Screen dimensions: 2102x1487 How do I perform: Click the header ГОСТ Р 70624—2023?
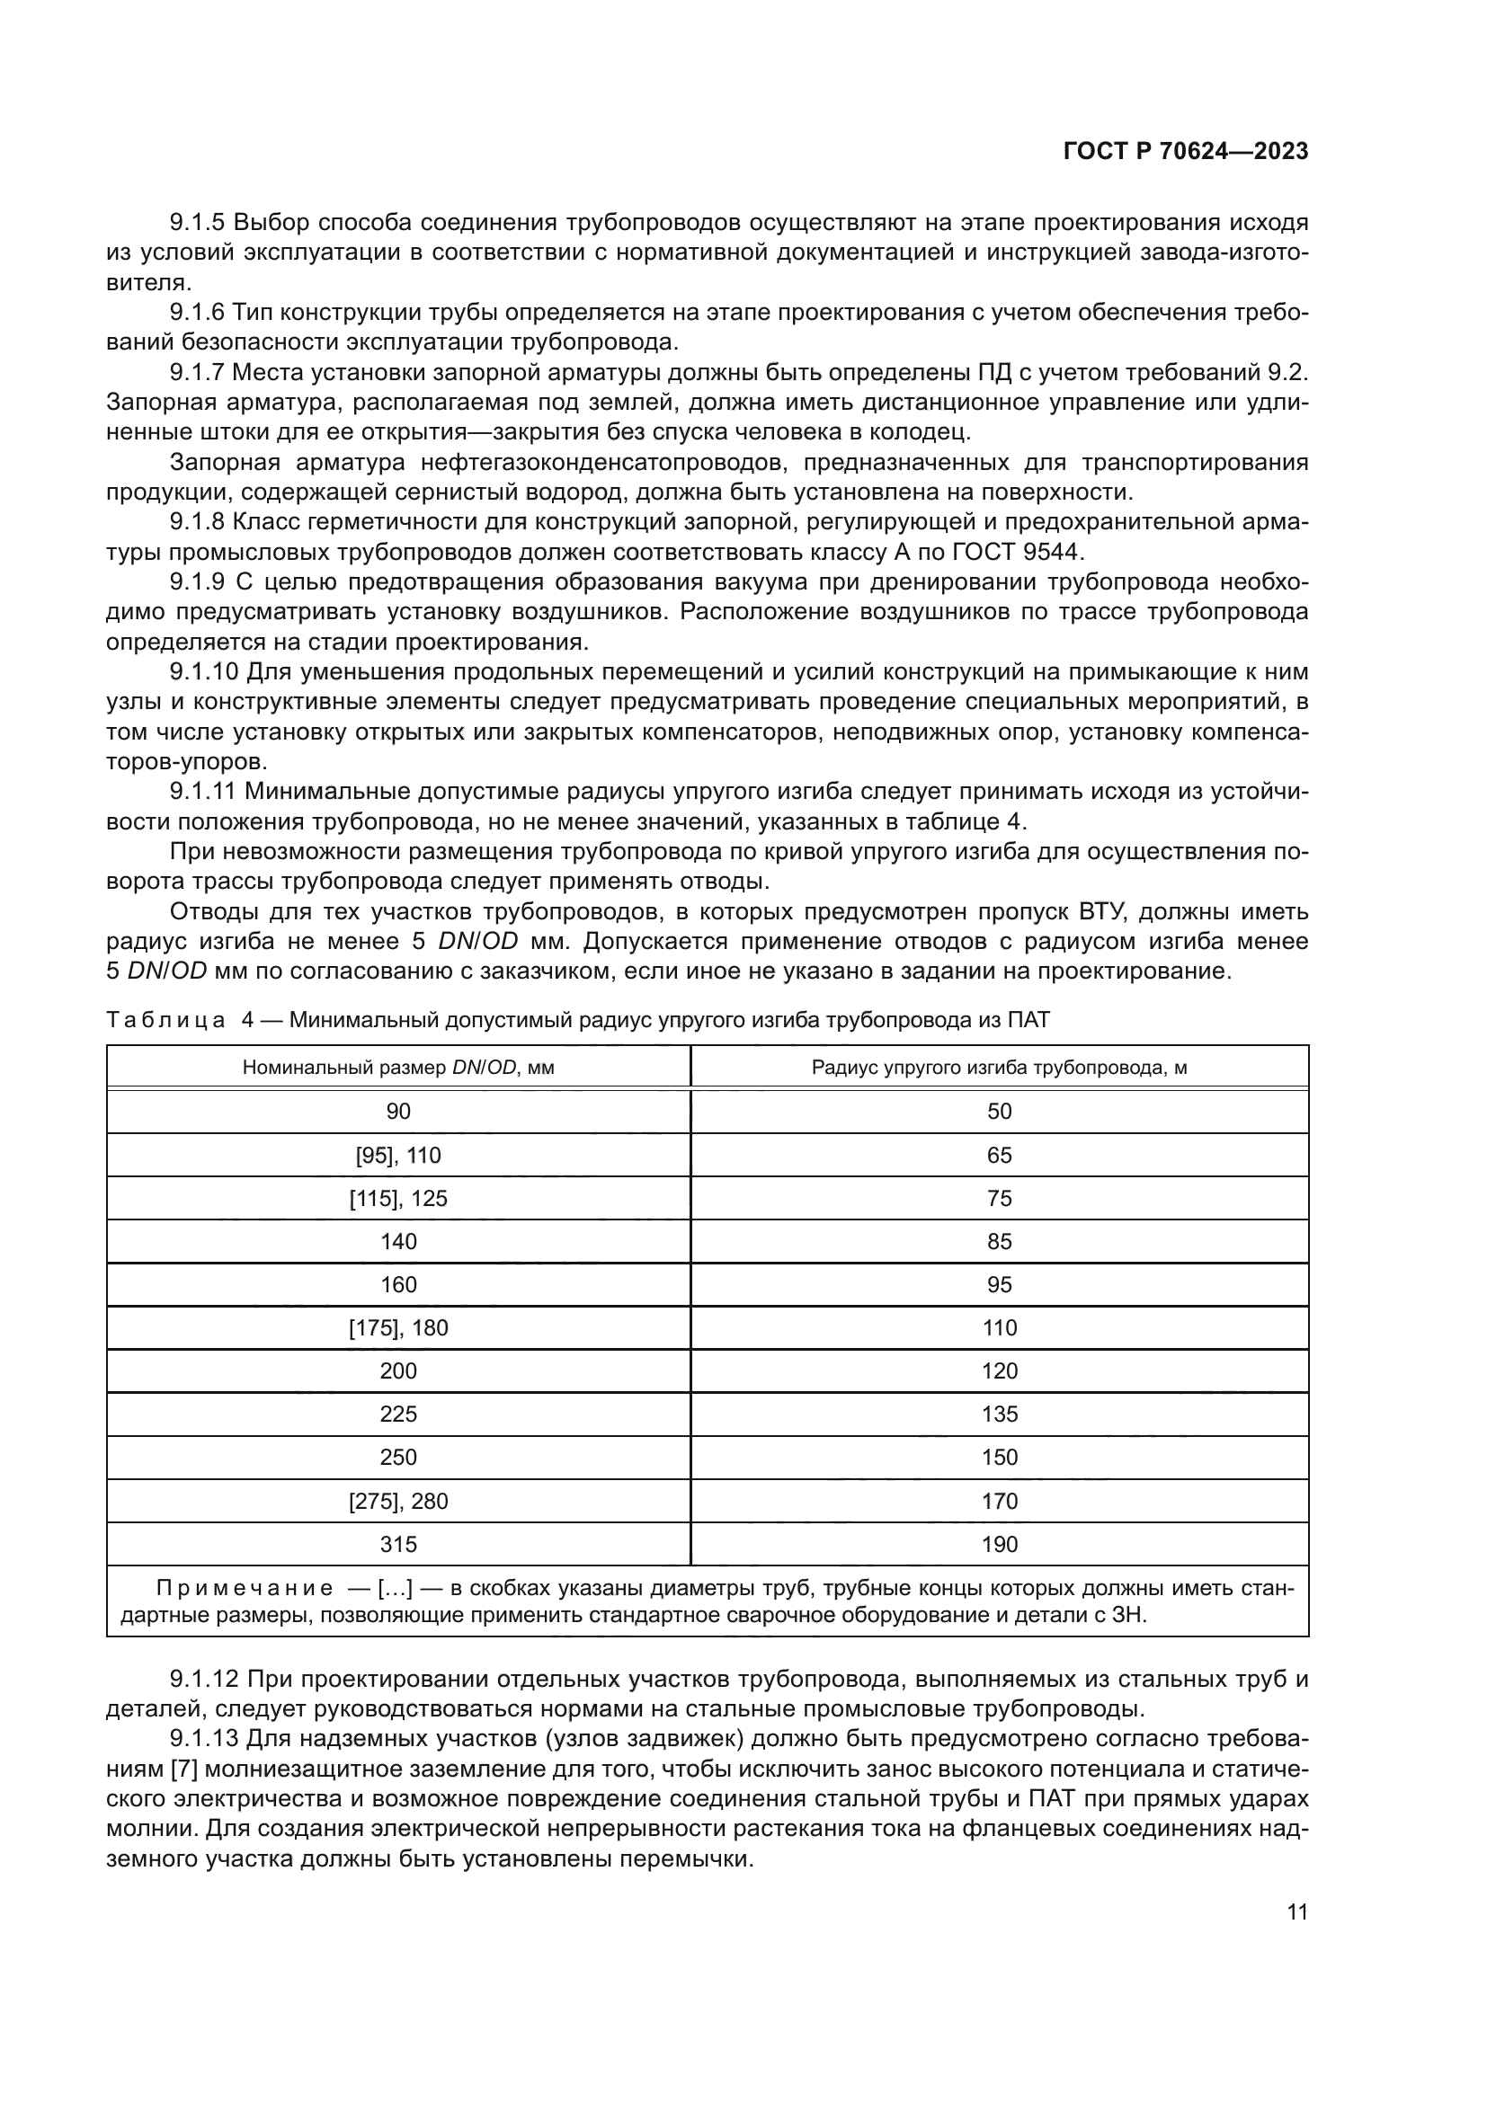[1185, 152]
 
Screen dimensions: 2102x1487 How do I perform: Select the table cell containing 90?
[398, 1112]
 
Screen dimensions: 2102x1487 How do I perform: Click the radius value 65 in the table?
[999, 1156]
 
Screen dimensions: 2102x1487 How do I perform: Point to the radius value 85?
[999, 1241]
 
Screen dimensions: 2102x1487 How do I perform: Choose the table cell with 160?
[398, 1284]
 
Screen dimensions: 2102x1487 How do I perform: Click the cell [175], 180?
[398, 1328]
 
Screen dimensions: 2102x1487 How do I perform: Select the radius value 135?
[999, 1415]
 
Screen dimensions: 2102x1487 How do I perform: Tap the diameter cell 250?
[398, 1458]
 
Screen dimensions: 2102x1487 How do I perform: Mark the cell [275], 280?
[398, 1502]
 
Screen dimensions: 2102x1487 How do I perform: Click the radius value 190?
[999, 1545]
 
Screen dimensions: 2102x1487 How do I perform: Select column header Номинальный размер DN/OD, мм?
[398, 1068]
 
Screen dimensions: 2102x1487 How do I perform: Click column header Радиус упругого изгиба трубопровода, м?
[999, 1068]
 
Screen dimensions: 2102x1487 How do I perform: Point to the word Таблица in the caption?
[165, 1021]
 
